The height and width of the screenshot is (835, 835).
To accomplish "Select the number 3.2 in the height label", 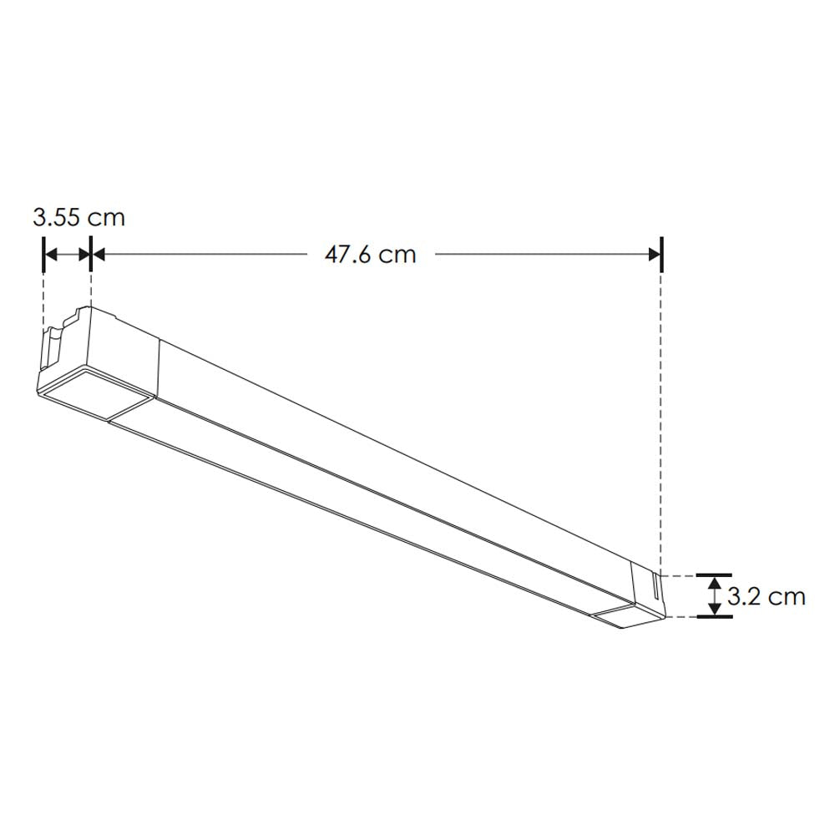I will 741,596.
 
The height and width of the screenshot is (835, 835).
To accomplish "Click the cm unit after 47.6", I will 397,254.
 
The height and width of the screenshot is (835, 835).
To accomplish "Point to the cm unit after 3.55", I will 106,218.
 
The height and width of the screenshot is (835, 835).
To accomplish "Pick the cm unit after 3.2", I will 787,596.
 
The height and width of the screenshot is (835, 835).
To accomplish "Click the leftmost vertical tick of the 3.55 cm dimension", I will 43,254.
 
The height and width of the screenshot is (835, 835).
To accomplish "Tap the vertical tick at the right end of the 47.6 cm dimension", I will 661,254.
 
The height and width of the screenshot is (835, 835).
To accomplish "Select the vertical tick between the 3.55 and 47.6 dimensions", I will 90,254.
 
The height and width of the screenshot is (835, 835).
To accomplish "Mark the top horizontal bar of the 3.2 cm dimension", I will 714,575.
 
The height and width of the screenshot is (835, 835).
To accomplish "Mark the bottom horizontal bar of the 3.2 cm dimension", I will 714,617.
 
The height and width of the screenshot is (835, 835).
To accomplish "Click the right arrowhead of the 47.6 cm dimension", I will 651,254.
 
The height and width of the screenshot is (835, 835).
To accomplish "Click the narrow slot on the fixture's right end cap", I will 655,589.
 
